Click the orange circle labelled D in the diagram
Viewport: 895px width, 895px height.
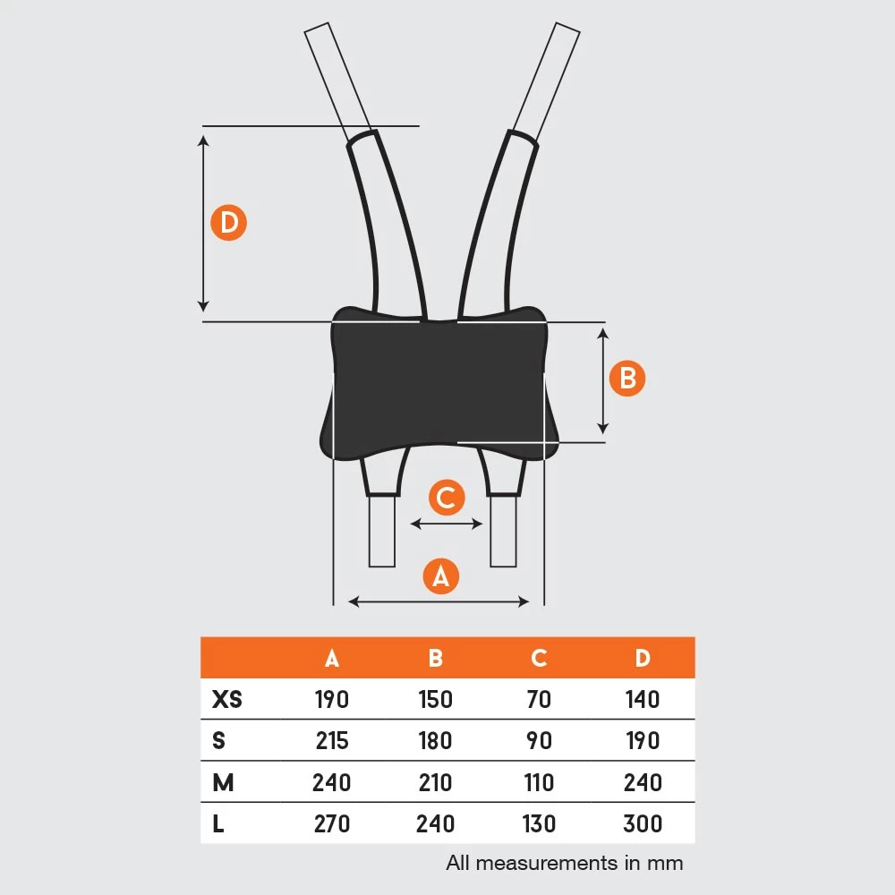coord(228,222)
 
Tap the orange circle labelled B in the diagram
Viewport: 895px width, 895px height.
coord(627,378)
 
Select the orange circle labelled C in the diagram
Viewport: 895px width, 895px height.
coord(447,497)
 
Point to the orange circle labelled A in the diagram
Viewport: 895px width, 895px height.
coord(440,575)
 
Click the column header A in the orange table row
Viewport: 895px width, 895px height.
coord(332,658)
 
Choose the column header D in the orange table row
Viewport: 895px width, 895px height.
coord(643,658)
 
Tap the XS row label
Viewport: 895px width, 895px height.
coord(227,699)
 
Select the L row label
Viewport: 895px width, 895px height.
coord(218,823)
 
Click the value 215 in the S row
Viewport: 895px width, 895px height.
coord(332,740)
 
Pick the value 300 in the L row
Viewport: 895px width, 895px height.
coord(643,823)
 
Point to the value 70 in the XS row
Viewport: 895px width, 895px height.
coord(539,699)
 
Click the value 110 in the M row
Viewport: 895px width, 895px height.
coord(539,782)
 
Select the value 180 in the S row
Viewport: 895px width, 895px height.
coord(436,740)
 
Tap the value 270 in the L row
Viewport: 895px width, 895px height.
coord(332,823)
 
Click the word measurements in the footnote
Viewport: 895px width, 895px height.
coord(547,863)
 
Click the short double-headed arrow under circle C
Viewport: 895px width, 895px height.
coord(447,524)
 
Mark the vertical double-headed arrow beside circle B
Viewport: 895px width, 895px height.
coord(602,381)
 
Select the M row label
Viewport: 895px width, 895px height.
coord(223,782)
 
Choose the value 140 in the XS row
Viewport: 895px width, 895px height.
coord(643,699)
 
